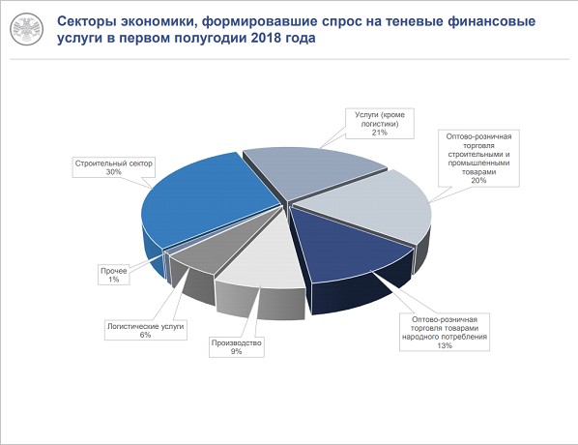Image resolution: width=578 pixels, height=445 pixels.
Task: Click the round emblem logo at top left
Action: (x=26, y=29)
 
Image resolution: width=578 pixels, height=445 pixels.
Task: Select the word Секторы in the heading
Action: (x=87, y=21)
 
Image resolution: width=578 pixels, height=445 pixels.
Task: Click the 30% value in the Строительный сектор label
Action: (x=113, y=172)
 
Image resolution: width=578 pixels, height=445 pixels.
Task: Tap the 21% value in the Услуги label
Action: (x=379, y=133)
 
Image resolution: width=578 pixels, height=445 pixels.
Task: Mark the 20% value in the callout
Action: (x=478, y=181)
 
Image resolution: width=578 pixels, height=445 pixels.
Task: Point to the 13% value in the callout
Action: (x=445, y=345)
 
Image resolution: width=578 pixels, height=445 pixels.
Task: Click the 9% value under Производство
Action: (x=236, y=351)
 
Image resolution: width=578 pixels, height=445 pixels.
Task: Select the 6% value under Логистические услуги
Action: (x=145, y=335)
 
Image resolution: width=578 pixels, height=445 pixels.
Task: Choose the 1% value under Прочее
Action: (x=113, y=280)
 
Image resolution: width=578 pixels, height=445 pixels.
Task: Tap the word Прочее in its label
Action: (x=113, y=271)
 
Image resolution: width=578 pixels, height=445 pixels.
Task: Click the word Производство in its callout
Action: (x=236, y=343)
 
